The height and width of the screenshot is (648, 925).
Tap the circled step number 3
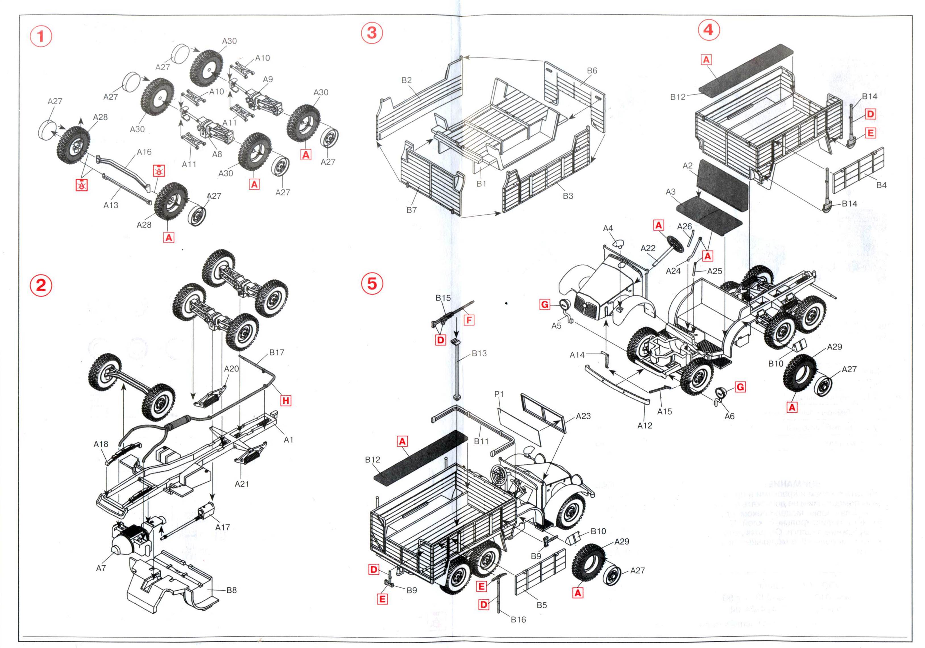click(372, 32)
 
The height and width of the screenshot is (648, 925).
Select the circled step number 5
click(372, 284)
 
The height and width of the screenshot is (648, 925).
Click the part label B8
click(231, 590)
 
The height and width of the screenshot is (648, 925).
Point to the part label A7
click(101, 568)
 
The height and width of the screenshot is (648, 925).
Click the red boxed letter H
click(286, 400)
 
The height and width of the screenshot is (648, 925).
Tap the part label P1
click(499, 394)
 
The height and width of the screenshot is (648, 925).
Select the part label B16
click(518, 619)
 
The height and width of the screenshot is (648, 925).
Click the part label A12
click(645, 425)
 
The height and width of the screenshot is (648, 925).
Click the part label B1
click(482, 184)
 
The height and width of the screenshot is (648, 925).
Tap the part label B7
click(411, 210)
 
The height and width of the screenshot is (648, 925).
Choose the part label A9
click(268, 79)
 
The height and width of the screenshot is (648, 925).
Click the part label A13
click(111, 205)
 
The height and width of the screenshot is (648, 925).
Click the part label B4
click(881, 185)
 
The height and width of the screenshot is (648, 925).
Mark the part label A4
click(608, 228)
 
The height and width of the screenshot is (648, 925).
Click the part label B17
click(277, 352)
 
